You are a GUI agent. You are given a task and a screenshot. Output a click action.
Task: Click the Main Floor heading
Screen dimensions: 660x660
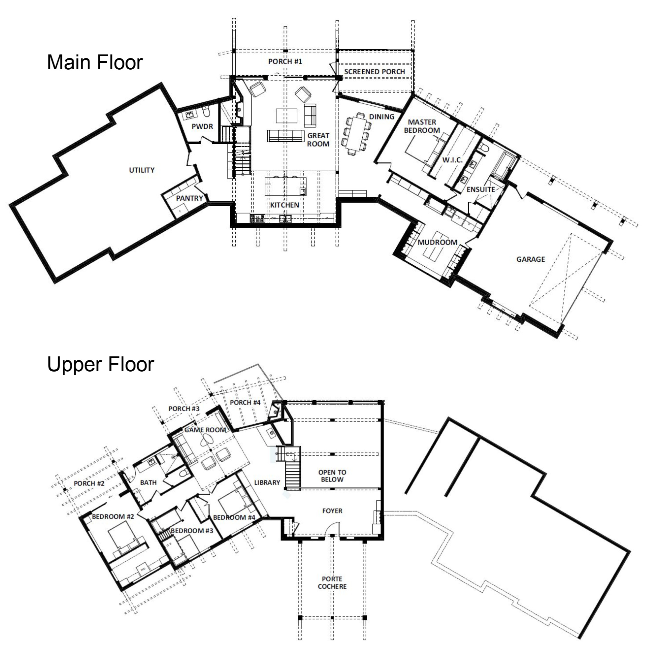click(x=95, y=62)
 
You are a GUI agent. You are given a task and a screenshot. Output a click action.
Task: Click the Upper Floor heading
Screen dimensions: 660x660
click(x=100, y=364)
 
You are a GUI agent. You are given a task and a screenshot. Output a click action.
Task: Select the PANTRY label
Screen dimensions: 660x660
click(x=189, y=198)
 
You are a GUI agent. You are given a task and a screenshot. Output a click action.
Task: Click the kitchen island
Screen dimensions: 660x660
click(x=285, y=186)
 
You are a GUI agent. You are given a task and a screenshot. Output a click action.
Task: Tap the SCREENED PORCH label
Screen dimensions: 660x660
click(x=374, y=72)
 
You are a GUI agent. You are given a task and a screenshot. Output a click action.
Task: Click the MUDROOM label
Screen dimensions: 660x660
click(x=437, y=242)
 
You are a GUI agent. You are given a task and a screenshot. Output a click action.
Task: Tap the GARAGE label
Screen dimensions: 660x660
click(x=530, y=259)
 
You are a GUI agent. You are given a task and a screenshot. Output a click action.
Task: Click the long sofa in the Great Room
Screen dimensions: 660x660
click(x=285, y=136)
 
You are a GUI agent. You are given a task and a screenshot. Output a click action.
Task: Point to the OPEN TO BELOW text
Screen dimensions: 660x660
click(x=332, y=476)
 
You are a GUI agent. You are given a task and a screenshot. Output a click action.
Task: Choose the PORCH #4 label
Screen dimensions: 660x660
click(x=245, y=402)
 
